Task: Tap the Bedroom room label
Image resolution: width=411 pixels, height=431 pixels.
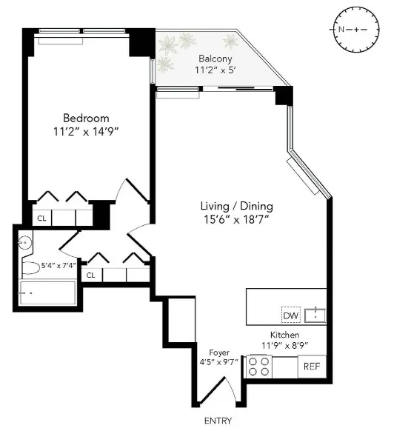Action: coord(86,118)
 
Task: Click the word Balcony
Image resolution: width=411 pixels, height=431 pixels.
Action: coord(215,59)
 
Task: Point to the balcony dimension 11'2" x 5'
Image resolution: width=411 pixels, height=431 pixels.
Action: coord(215,71)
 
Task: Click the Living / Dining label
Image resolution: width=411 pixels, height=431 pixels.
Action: coord(236,205)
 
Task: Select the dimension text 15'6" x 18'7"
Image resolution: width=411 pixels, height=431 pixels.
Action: coord(236,219)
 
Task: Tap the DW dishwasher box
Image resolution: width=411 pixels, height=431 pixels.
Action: coord(291,315)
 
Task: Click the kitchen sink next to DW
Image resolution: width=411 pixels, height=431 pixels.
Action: coord(315,315)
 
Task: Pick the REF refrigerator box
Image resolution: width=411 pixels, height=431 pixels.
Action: coord(311,367)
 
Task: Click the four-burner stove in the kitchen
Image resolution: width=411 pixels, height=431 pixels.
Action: coord(259,366)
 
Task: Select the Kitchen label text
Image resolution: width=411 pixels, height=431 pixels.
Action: coord(285,335)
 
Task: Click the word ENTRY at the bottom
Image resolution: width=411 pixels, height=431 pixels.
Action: coord(218,421)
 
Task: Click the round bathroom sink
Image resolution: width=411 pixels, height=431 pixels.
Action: coord(24,241)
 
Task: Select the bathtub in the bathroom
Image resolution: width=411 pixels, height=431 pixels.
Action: coord(47,293)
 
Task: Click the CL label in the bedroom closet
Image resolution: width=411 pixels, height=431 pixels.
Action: coord(42,218)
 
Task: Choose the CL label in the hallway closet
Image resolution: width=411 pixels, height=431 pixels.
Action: coord(91,275)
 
